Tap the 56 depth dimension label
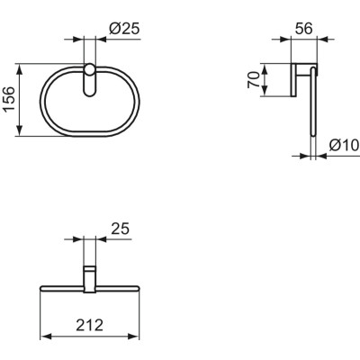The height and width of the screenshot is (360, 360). [303, 29]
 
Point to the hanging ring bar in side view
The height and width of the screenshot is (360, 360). [312, 117]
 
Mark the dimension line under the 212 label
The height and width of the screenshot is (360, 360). [88, 335]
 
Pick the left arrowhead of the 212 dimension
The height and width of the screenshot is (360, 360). [43, 335]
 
